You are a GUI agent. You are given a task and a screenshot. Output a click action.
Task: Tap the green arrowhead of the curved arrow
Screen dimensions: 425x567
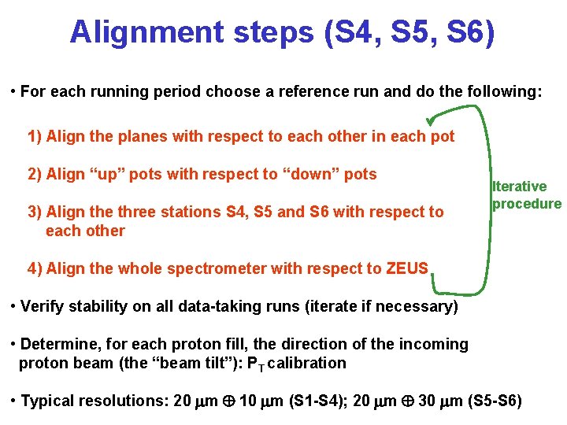pos(431,120)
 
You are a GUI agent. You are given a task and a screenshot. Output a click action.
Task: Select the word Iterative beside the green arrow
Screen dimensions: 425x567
pos(519,187)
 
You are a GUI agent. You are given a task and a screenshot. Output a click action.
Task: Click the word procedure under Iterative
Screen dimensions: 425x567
pos(527,204)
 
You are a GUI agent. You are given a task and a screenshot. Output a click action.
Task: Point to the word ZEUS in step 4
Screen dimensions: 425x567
pos(407,268)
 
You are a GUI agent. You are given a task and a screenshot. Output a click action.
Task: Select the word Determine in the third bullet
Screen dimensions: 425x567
pos(59,344)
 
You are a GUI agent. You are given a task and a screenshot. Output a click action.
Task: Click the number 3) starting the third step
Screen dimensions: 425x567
pos(34,212)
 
